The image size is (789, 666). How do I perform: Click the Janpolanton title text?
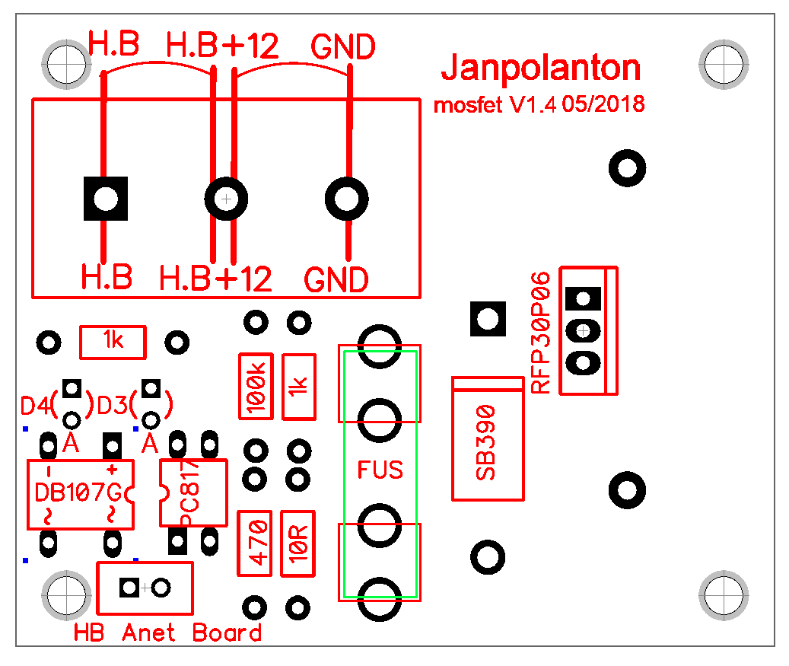541,69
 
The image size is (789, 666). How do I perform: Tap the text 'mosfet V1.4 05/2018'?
539,105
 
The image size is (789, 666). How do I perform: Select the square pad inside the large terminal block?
106,199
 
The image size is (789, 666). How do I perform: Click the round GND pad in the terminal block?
347,199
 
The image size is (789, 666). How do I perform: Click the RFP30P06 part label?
540,332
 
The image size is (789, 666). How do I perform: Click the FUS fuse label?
380,470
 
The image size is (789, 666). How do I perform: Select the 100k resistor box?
256,386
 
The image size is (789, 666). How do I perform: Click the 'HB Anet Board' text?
168,633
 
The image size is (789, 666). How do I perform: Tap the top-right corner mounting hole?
721,64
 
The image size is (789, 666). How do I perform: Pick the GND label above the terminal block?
343,48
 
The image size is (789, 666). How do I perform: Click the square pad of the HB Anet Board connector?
129,588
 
